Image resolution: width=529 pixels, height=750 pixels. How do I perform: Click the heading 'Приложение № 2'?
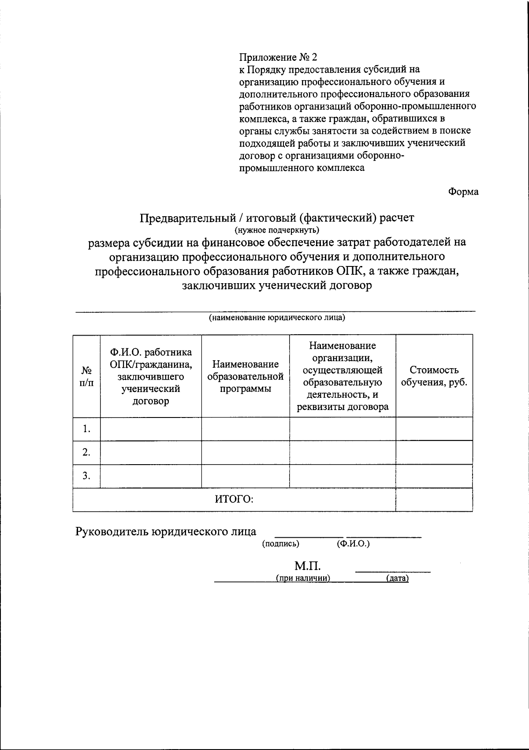pyautogui.click(x=278, y=57)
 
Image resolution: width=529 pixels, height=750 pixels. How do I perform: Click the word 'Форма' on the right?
pyautogui.click(x=463, y=192)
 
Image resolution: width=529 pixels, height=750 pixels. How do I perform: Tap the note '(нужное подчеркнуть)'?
pyautogui.click(x=276, y=230)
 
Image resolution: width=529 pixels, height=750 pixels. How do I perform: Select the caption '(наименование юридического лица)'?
pyautogui.click(x=276, y=318)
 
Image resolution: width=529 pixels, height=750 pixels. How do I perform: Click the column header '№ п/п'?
pyautogui.click(x=86, y=377)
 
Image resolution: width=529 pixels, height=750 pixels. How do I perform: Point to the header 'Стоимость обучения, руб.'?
pyautogui.click(x=434, y=376)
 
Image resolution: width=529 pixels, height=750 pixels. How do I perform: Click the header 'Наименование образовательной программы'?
pyautogui.click(x=245, y=377)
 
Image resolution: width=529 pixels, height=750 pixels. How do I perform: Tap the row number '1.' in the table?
pyautogui.click(x=86, y=429)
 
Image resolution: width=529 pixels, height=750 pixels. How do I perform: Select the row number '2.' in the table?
pyautogui.click(x=86, y=452)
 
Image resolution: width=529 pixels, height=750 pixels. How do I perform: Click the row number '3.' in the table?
pyautogui.click(x=86, y=476)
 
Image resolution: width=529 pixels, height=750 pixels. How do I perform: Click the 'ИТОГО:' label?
pyautogui.click(x=234, y=499)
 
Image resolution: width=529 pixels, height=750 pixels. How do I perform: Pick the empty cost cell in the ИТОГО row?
pyautogui.click(x=434, y=499)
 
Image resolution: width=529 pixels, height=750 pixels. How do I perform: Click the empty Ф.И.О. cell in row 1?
pyautogui.click(x=151, y=429)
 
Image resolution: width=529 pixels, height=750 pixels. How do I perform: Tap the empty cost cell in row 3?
pyautogui.click(x=434, y=476)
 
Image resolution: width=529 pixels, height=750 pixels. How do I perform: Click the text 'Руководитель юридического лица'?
pyautogui.click(x=166, y=532)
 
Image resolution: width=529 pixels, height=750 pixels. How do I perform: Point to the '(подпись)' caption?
pyautogui.click(x=280, y=544)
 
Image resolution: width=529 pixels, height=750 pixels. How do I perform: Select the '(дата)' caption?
pyautogui.click(x=397, y=579)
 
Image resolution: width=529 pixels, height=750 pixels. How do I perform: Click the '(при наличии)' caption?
pyautogui.click(x=303, y=579)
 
